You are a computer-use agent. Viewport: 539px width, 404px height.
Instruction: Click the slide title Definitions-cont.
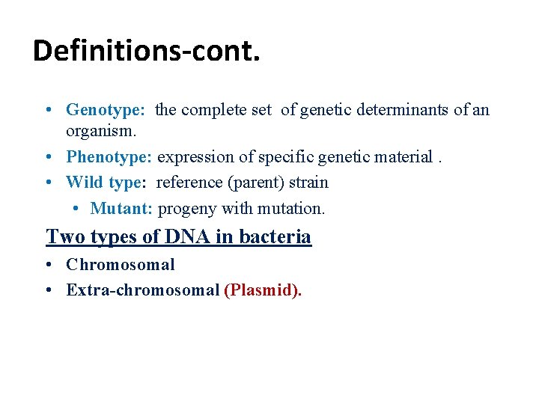147,50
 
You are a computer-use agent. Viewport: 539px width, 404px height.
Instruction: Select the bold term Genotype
105,110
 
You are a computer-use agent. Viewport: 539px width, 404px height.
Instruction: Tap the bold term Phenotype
109,157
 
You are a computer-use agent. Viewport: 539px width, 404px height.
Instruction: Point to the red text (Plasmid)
263,290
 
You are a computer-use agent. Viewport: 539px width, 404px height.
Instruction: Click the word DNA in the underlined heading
186,237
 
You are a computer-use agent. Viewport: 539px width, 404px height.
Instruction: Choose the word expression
194,157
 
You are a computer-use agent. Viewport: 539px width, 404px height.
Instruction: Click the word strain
308,182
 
